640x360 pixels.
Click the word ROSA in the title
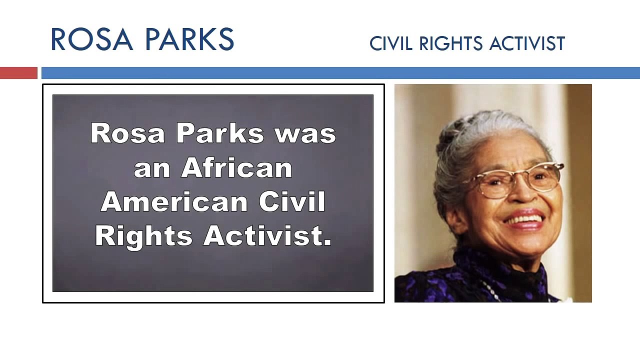91,40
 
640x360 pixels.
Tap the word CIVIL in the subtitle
391,44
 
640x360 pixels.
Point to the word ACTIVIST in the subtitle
527,44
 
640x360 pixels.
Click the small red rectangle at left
18,73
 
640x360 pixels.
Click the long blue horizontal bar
340,73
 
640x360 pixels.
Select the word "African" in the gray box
236,168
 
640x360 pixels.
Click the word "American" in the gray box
174,202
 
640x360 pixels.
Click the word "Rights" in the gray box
143,235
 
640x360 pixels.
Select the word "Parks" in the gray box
220,134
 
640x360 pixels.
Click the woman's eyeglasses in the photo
515,180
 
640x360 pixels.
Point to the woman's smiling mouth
525,220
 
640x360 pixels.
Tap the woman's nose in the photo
522,197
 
